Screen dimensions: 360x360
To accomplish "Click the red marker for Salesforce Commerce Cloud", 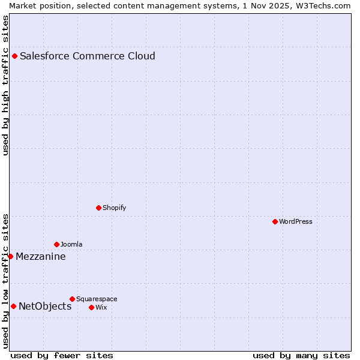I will [15, 56].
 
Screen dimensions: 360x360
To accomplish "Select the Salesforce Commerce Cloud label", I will [88, 56].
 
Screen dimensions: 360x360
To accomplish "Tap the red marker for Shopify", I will [99, 208].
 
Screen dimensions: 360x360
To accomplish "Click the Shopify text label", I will [115, 208].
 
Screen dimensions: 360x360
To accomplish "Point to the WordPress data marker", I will [275, 222].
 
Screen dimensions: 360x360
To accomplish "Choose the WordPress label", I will [296, 222].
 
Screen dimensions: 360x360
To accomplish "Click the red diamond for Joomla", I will [57, 245].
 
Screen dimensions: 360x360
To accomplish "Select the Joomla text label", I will [72, 245].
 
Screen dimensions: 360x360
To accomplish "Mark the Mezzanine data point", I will [11, 257].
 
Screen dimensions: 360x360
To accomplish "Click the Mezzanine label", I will [41, 257].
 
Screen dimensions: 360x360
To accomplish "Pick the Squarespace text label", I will [97, 299].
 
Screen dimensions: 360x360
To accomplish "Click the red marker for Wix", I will [92, 308].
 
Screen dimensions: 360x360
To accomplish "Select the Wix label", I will [101, 308].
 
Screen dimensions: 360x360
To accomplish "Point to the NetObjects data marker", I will [14, 307].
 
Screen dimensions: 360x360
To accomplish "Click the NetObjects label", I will [45, 307].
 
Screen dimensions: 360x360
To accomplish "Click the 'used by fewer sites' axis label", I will [62, 356].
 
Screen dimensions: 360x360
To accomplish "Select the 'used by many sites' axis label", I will [301, 356].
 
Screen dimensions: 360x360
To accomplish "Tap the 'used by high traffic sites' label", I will [5, 85].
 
